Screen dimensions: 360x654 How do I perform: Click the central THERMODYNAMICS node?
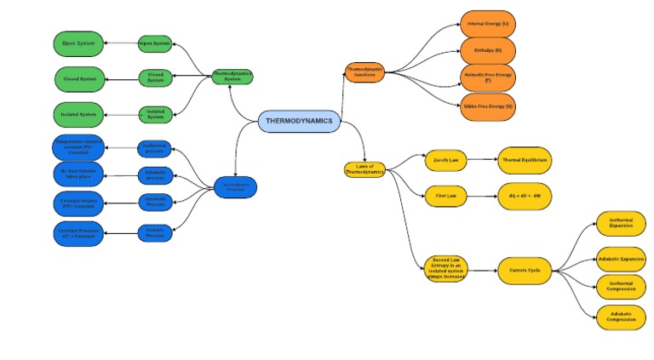coord(299,122)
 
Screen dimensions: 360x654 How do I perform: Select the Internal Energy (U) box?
coord(488,23)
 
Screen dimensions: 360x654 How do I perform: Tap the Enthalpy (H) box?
coord(488,50)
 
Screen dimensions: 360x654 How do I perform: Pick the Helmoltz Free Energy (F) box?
coord(488,78)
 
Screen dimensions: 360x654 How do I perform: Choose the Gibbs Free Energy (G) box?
coord(488,106)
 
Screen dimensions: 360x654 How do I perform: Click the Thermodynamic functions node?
coord(364,72)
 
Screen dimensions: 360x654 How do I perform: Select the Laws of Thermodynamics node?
coord(364,169)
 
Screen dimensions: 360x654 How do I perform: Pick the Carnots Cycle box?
coord(523,271)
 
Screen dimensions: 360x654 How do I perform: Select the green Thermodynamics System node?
coord(232,76)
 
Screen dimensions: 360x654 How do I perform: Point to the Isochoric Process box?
coord(155,202)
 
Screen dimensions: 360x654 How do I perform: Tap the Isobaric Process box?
coord(155,231)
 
